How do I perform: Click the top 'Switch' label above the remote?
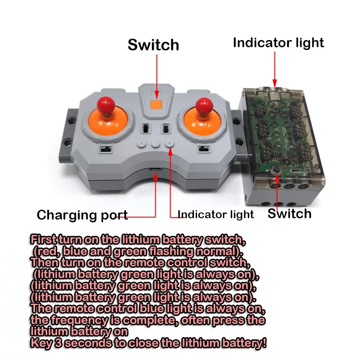(153, 45)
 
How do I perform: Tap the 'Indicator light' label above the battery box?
(278, 43)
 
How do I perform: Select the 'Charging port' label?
(82, 215)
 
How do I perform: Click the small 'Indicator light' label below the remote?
(216, 214)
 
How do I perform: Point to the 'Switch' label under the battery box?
(289, 213)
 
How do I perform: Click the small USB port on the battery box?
(296, 171)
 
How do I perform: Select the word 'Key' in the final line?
(40, 343)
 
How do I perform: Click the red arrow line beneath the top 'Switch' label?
(157, 72)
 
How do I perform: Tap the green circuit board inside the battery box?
(279, 130)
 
